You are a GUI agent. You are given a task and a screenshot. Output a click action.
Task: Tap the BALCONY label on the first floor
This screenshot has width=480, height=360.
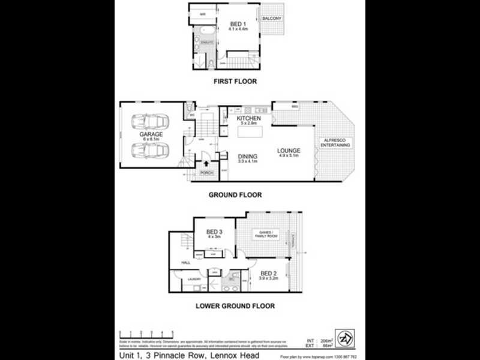coord(272,19)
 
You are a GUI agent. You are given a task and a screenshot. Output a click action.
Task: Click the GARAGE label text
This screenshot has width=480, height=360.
coord(151,134)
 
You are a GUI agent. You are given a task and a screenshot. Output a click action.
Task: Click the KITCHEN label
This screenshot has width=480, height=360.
coord(248,119)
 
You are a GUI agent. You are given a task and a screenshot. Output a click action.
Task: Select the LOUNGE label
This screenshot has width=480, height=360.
coord(289,150)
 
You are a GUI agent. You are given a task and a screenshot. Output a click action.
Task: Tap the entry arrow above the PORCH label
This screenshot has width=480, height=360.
coord(206,162)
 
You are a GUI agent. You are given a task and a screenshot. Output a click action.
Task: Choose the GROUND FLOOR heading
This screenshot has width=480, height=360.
coord(235,194)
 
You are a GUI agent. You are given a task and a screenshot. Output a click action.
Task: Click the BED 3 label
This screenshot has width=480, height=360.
coord(214,232)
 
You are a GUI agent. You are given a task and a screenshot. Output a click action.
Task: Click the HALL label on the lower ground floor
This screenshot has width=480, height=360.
coord(178,262)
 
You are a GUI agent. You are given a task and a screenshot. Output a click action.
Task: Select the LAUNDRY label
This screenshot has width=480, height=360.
coord(194,280)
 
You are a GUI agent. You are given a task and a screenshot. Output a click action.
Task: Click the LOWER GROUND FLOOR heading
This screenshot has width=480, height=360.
coord(235,305)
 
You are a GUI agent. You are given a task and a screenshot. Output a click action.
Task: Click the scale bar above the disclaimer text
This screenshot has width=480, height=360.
coord(147,333)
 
